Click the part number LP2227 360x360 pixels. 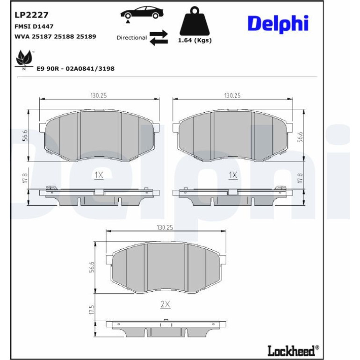pos(31,15)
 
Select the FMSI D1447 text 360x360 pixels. pos(34,26)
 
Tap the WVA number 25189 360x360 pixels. pos(86,36)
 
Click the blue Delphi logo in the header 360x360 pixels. pos(278,24)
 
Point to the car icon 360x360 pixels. pos(142,13)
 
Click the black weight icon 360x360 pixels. pos(194,21)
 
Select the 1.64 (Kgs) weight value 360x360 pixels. pos(194,40)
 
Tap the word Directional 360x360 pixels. pos(131,38)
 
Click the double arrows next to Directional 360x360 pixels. pos(158,38)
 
